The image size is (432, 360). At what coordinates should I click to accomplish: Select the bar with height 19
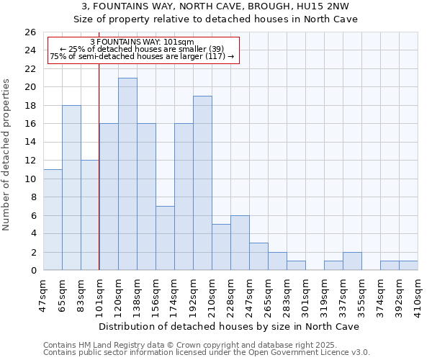click(202, 183)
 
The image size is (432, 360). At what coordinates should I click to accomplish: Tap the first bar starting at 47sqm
click(53, 220)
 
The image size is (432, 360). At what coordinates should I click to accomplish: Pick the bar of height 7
click(165, 238)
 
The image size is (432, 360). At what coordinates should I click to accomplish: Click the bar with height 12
click(90, 215)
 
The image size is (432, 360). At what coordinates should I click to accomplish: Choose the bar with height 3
click(258, 256)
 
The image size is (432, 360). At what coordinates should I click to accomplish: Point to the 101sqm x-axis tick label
click(99, 294)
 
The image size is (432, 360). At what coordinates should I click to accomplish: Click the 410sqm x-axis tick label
click(418, 294)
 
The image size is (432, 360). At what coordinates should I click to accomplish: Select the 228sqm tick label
click(230, 294)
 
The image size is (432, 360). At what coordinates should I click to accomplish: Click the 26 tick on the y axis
click(30, 32)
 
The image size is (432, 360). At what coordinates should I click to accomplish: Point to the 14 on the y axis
click(30, 142)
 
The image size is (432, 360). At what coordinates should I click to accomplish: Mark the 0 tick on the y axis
click(32, 271)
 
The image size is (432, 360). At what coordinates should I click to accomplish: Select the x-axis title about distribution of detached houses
click(230, 326)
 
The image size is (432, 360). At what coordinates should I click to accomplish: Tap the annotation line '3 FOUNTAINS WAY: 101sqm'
click(142, 42)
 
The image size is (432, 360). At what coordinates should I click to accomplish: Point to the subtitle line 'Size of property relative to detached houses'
click(216, 19)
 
